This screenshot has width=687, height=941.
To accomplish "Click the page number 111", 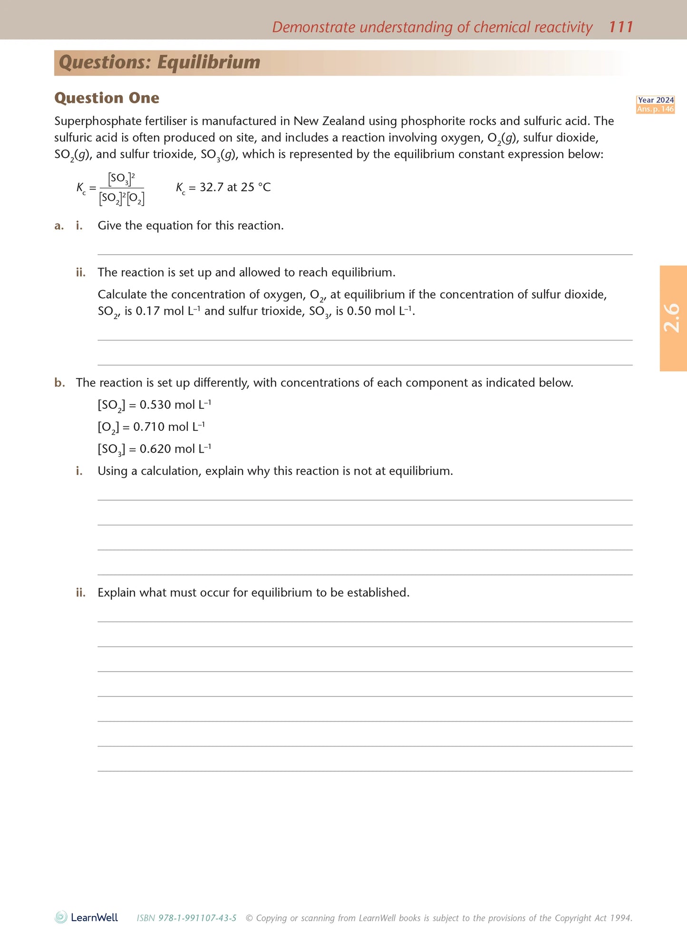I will (621, 27).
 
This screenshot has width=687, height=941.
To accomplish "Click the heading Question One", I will (106, 98).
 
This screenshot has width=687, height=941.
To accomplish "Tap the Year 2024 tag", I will (656, 100).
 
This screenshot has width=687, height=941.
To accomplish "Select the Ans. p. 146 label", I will (656, 109).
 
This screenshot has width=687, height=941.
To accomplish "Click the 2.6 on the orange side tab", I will (673, 318).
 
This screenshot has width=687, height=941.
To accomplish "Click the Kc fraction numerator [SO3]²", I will (121, 179).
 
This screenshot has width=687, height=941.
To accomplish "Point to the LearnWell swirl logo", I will (61, 917).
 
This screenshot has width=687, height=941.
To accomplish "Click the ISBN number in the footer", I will (197, 918).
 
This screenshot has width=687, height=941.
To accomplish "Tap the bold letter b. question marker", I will (59, 383).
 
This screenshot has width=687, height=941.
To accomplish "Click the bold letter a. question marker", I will (59, 226).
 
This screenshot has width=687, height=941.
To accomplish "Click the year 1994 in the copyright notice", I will (621, 918).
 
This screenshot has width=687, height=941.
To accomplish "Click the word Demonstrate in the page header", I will (313, 27).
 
